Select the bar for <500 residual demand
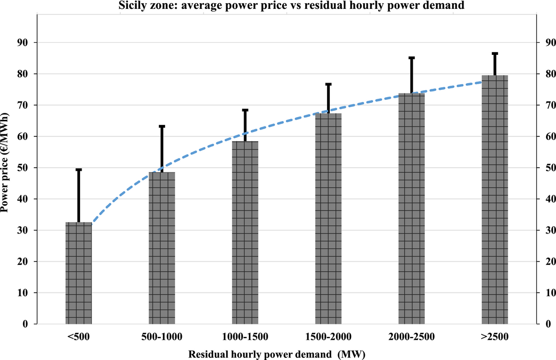pos(79,273)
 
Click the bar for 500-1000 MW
pos(161,248)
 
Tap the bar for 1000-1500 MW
pos(245,233)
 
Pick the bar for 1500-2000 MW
pos(328,218)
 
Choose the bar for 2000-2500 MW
pos(411,208)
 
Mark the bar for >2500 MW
pos(495,199)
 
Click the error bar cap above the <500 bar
pos(79,169)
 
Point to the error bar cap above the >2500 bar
pos(495,54)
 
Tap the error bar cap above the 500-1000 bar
pos(161,126)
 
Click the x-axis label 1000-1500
pos(245,336)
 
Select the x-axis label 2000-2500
pos(411,336)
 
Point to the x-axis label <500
pos(79,336)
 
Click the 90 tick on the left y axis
pos(22,42)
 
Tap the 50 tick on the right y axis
pos(551,167)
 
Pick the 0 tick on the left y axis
pos(25,324)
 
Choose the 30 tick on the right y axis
pos(551,230)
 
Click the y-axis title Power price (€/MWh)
pos(4,162)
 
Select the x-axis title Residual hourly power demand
pos(260,354)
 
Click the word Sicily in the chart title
pos(131,5)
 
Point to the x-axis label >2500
pos(495,336)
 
